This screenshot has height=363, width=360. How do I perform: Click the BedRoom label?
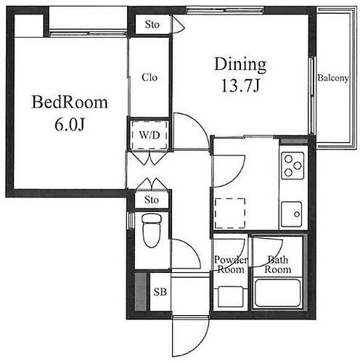[70, 102]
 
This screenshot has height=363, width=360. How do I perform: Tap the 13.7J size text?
[240, 86]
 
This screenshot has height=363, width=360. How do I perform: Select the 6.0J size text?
[70, 125]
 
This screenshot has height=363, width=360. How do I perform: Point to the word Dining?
[240, 64]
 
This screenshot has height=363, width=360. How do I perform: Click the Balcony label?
[333, 78]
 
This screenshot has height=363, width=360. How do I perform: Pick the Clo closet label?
[150, 78]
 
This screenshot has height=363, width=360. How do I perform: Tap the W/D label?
[150, 135]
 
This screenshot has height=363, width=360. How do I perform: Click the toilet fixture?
[152, 230]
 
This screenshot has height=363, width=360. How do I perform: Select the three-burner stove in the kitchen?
[292, 166]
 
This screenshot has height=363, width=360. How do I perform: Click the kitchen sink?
[292, 214]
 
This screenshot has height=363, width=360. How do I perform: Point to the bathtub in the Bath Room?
[278, 293]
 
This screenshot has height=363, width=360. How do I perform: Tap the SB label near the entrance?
[160, 292]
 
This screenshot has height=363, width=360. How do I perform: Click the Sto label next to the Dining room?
[152, 25]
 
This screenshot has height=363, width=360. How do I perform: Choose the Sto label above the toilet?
[152, 200]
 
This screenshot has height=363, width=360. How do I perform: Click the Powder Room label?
[230, 264]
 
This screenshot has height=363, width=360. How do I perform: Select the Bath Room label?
[278, 264]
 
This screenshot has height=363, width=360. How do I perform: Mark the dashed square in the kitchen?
[230, 213]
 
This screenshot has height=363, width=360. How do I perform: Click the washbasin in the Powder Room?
[231, 297]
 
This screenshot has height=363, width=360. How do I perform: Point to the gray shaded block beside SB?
[141, 292]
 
